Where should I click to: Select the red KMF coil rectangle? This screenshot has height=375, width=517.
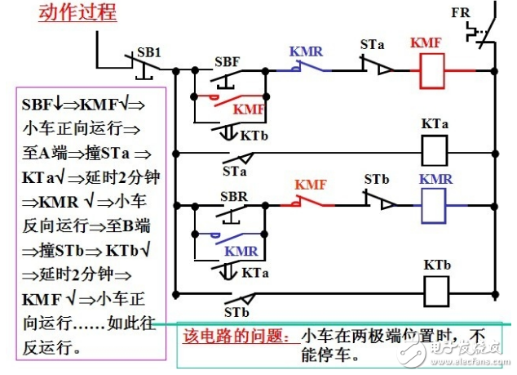click(430, 71)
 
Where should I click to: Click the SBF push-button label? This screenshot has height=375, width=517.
click(227, 61)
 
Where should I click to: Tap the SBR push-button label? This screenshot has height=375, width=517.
click(234, 197)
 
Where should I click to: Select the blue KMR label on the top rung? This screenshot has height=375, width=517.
click(306, 51)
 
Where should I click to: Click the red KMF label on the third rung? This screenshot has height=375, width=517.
click(310, 185)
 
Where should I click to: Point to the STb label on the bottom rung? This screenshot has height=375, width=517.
click(236, 311)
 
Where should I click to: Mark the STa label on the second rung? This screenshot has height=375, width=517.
click(235, 172)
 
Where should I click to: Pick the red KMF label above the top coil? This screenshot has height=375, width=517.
click(426, 42)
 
